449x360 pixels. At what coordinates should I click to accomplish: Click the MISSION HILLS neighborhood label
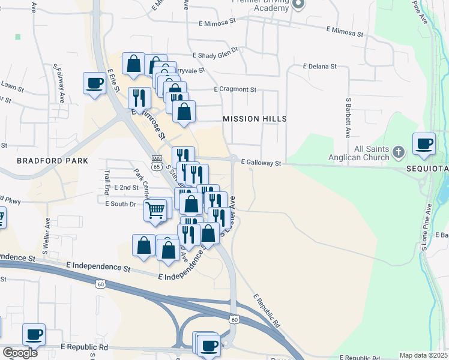coord(255,119)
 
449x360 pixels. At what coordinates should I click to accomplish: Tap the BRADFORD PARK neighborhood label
coord(52,161)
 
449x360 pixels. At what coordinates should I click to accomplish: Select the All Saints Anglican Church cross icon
coord(399,153)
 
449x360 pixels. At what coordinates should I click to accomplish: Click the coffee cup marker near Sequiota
coord(424,144)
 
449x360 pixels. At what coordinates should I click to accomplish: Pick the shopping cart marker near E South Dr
coord(155,211)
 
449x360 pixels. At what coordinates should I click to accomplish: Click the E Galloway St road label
coord(261,163)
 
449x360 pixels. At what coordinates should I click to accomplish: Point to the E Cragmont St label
coord(235,89)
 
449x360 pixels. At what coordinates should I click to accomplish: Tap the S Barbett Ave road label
coord(348,117)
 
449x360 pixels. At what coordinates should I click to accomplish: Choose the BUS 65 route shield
coord(157,162)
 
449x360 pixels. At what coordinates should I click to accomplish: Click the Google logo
coord(20,353)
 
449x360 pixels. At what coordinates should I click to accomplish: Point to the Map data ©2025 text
coord(423,355)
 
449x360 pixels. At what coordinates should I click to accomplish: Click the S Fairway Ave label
coord(61,84)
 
